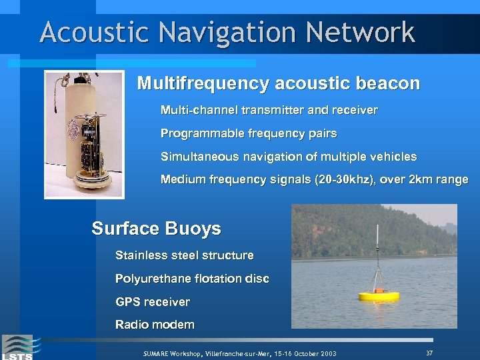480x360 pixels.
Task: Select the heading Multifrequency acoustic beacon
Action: click(x=278, y=84)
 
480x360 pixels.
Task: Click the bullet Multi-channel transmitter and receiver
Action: click(x=269, y=110)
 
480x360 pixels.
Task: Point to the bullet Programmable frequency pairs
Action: click(x=248, y=133)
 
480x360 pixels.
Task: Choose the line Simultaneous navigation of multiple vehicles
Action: click(x=288, y=157)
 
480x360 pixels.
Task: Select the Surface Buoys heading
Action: click(x=156, y=229)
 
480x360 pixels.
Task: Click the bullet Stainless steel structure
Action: click(x=184, y=255)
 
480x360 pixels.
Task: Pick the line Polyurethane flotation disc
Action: click(x=192, y=279)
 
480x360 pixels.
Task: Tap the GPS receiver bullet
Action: click(x=152, y=302)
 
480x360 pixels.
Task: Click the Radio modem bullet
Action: click(x=155, y=325)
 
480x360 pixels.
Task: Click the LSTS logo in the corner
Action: click(x=17, y=347)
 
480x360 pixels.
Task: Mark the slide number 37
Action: click(x=429, y=352)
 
